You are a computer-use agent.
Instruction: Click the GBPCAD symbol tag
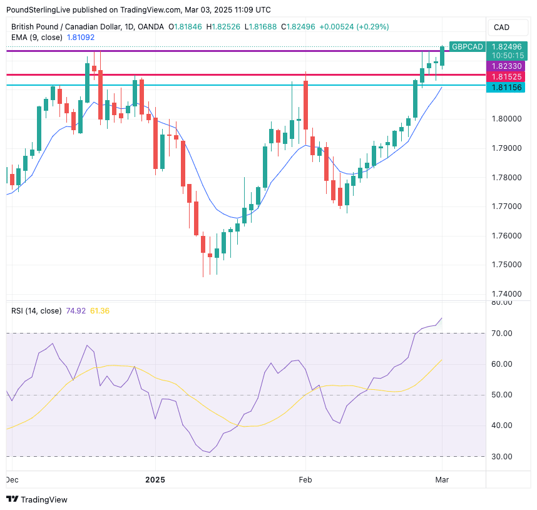[468, 46]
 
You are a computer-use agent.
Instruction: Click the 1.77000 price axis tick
[507, 206]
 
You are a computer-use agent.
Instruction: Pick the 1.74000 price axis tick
[507, 293]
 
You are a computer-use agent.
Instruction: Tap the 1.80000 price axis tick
[507, 118]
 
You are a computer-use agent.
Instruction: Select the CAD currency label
[501, 27]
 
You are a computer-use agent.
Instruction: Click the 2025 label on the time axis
[155, 479]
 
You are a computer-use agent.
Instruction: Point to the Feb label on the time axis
[305, 479]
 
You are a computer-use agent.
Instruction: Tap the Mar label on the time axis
[442, 479]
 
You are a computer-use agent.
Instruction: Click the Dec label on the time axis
[12, 479]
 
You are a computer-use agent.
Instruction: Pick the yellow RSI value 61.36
[100, 311]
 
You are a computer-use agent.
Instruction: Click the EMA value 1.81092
[81, 38]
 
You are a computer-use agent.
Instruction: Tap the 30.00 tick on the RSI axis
[502, 456]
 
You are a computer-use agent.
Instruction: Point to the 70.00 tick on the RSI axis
[502, 333]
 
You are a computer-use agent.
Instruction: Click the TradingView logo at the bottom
[37, 499]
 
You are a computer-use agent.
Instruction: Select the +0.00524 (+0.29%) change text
[354, 27]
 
